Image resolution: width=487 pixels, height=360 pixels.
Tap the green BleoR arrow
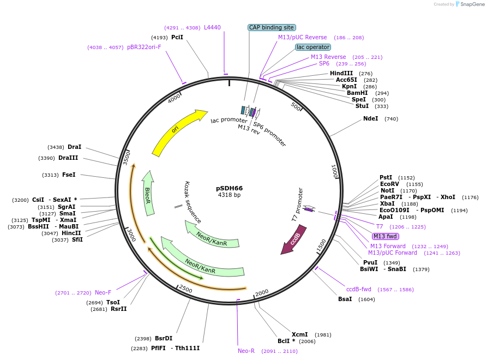pos(148,193)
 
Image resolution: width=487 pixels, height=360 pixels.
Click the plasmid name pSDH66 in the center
pos(229,188)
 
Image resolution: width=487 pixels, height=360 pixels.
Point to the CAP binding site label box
pos(272,27)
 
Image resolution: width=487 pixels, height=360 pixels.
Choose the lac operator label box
pos(313,47)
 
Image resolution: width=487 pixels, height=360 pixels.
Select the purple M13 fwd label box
pos(385,236)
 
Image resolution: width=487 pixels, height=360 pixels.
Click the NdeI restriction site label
pos(370,119)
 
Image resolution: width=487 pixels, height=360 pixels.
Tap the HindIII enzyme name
pos(341,73)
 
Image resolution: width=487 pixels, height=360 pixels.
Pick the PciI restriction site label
pos(177,37)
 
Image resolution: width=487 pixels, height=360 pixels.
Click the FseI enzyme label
pos(69,175)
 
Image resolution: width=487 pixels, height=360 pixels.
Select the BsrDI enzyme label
pos(164,338)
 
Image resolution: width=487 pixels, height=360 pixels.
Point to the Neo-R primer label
pos(246,351)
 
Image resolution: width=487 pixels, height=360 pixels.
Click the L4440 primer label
pos(212,28)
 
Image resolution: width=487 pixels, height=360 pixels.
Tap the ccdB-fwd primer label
pos(359,290)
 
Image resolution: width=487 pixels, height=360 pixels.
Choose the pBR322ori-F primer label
pos(144,47)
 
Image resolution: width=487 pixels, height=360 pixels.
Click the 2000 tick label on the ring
pos(262,292)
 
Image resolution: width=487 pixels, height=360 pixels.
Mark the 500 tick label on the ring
pos(296,106)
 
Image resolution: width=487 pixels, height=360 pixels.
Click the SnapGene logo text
pos(472,4)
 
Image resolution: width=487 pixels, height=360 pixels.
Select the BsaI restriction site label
pos(345,299)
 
